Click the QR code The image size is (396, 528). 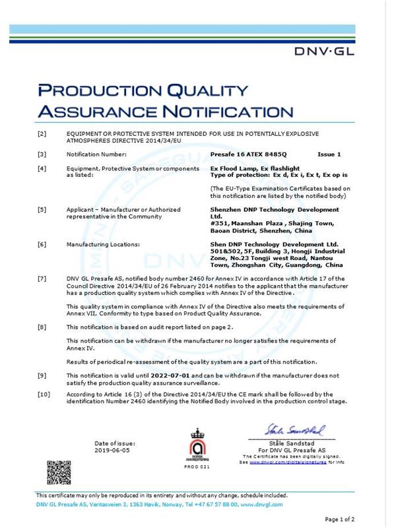pos(58,473)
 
